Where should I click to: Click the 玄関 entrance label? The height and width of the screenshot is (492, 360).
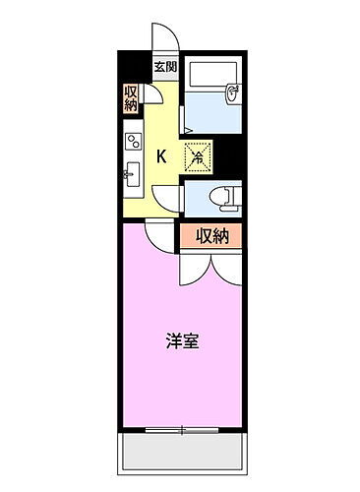[165, 68]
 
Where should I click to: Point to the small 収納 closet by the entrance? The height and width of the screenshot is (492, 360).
[131, 98]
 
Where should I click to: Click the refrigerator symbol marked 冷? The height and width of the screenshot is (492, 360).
[197, 154]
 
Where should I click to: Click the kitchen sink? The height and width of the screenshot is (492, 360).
[131, 177]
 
